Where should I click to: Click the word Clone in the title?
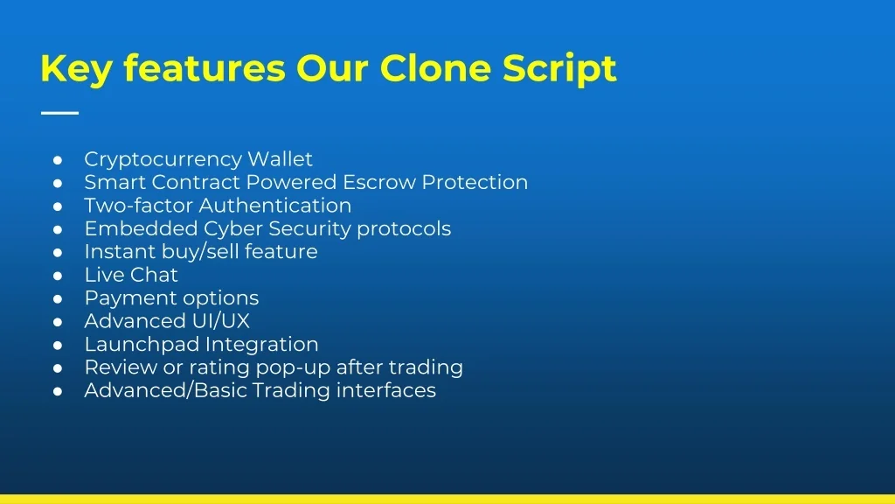click(x=435, y=68)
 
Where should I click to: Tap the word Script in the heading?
click(x=559, y=70)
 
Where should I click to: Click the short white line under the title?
click(x=60, y=113)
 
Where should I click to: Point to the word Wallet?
click(x=280, y=159)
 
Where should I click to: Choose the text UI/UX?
click(x=221, y=321)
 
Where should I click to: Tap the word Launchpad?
click(x=142, y=345)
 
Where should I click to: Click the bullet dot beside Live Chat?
click(x=58, y=276)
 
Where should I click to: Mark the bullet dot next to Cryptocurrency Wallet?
click(x=58, y=160)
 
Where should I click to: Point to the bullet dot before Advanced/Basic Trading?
click(x=58, y=392)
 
